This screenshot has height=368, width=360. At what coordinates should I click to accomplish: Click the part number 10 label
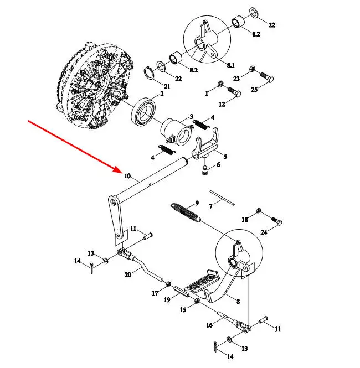click(x=127, y=177)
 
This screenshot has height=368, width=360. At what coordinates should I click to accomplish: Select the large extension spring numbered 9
click(x=186, y=212)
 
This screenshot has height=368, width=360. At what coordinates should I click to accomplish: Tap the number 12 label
click(x=221, y=105)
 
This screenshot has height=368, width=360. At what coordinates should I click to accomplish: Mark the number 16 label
click(x=209, y=325)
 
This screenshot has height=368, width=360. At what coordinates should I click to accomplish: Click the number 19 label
click(x=167, y=300)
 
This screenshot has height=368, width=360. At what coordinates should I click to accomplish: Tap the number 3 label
click(x=191, y=117)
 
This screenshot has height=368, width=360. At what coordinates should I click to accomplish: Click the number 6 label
click(x=218, y=164)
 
